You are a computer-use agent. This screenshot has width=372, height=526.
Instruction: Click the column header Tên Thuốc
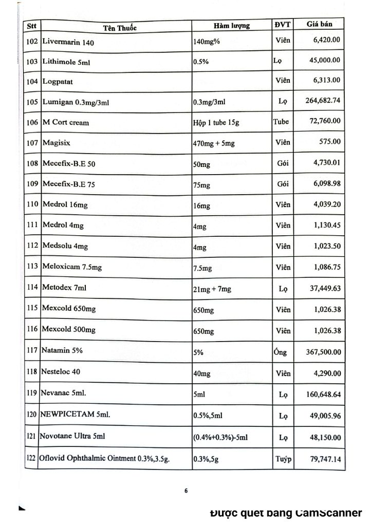pyautogui.click(x=116, y=27)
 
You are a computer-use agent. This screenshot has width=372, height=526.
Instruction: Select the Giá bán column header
pyautogui.click(x=320, y=25)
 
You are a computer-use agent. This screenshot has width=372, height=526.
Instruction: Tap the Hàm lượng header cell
pyautogui.click(x=232, y=26)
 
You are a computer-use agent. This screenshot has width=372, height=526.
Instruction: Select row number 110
pyautogui.click(x=33, y=204)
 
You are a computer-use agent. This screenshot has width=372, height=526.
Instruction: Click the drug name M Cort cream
pyautogui.click(x=66, y=123)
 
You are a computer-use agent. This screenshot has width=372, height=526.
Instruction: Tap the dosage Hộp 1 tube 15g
pyautogui.click(x=218, y=123)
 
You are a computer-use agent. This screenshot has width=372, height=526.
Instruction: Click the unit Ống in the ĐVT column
pyautogui.click(x=281, y=352)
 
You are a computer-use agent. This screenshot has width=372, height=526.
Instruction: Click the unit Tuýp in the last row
pyautogui.click(x=283, y=459)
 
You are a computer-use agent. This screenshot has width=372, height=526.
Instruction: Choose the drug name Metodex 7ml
pyautogui.click(x=65, y=289)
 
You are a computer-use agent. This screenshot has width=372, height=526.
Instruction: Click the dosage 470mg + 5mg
pyautogui.click(x=214, y=143)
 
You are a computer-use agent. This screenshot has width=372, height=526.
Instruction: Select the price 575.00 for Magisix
pyautogui.click(x=330, y=142)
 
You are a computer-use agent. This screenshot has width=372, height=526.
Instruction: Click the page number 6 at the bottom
pyautogui.click(x=186, y=491)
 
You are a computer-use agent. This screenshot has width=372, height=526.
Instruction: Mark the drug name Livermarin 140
pyautogui.click(x=69, y=43)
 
